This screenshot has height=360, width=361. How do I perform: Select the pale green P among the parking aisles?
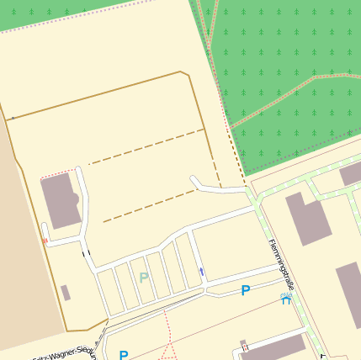pyautogui.click(x=143, y=278)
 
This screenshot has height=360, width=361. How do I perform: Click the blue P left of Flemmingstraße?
pyautogui.click(x=246, y=291)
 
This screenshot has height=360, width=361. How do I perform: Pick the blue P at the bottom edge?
pyautogui.click(x=124, y=355)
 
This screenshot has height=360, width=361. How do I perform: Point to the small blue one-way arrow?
pyautogui.click(x=201, y=271)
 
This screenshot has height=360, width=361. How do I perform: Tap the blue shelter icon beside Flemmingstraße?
pyautogui.click(x=286, y=299)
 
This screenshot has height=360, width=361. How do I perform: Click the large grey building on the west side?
pyautogui.click(x=61, y=200)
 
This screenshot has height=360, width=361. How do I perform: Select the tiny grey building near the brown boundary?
pyautogui.click(x=66, y=292)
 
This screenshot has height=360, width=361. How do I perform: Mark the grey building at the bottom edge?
pyautogui.click(x=273, y=349)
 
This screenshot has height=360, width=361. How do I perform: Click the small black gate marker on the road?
pyautogui.click(x=85, y=251)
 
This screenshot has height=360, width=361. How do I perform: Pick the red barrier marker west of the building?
pyautogui.click(x=45, y=241)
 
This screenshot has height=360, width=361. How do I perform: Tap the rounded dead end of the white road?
pyautogui.click(x=194, y=179)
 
